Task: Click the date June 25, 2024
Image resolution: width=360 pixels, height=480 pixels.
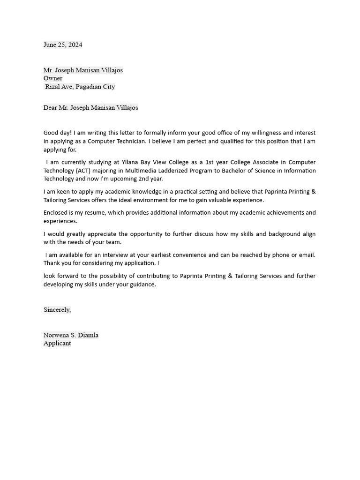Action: coord(63,45)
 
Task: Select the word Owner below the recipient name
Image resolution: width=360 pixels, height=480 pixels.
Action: coord(53,78)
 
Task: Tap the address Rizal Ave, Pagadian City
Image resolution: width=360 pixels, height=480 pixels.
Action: coord(80,87)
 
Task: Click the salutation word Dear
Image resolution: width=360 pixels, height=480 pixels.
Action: coord(50,108)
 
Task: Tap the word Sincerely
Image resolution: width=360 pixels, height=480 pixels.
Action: coord(57,310)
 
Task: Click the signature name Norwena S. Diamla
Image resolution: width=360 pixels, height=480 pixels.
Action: coord(71,335)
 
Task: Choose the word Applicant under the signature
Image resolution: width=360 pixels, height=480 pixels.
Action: coord(57,343)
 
